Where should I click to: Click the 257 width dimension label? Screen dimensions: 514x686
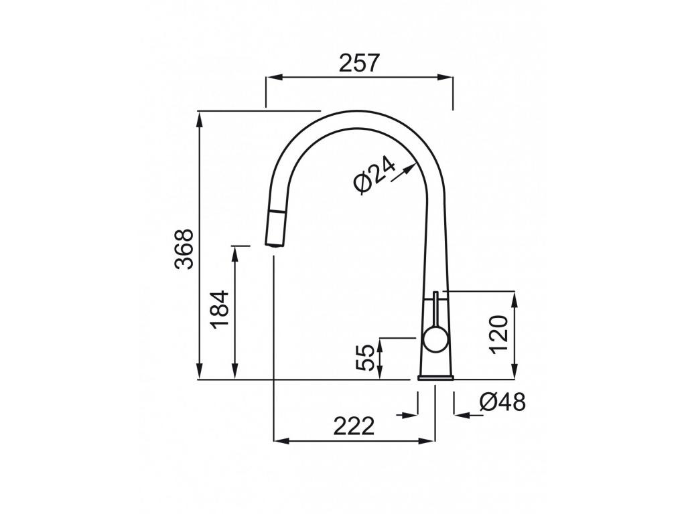359,63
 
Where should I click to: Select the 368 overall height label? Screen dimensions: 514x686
184,249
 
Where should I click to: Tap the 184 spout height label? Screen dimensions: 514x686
220,309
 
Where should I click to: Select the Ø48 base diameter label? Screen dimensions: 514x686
503,402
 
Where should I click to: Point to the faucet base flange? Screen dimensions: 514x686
435,378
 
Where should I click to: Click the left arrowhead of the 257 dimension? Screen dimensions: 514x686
271,78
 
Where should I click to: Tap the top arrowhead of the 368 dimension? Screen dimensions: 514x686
200,116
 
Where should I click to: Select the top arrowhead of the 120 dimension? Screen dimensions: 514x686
514,297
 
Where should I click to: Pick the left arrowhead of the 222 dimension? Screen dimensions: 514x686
279,440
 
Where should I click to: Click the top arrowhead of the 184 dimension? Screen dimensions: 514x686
234,251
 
